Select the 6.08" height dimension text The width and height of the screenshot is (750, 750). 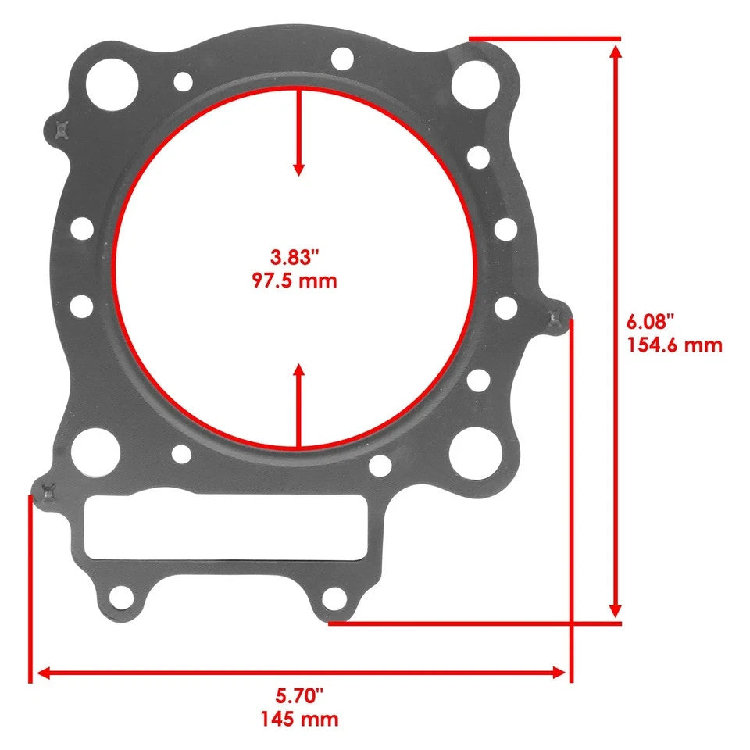650,322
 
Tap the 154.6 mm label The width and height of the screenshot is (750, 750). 674,345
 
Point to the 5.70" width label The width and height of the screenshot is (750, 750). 298,694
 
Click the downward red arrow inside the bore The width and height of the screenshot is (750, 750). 298,133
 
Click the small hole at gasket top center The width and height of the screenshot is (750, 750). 341,58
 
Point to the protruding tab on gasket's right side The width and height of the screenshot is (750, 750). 557,317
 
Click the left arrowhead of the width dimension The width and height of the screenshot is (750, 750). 44,673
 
